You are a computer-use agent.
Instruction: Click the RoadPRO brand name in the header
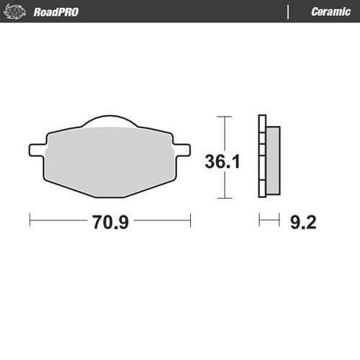pyautogui.click(x=55, y=12)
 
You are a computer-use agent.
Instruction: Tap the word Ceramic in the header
pyautogui.click(x=330, y=12)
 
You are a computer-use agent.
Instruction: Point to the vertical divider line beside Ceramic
pyautogui.click(x=289, y=12)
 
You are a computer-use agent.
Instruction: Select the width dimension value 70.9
pyautogui.click(x=109, y=222)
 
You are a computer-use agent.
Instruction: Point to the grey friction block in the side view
pyautogui.click(x=272, y=160)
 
